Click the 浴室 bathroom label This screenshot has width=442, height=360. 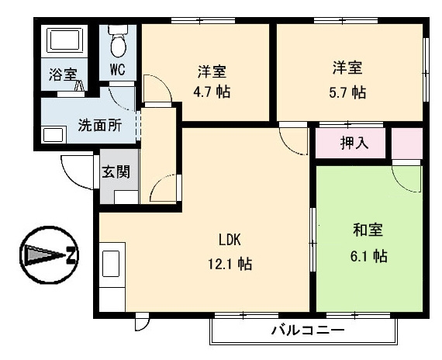point(63,74)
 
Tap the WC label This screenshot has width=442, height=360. point(117,68)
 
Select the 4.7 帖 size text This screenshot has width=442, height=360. point(210,92)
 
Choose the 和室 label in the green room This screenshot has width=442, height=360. point(368,230)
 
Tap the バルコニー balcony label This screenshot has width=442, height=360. point(308,331)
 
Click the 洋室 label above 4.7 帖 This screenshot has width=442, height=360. point(211,71)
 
